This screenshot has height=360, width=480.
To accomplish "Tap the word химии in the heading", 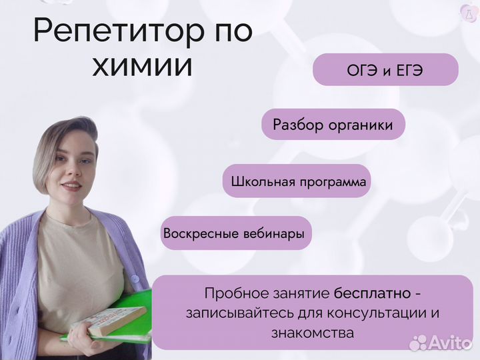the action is coord(143,67).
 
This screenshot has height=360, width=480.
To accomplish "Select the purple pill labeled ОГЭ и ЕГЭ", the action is coord(385,69).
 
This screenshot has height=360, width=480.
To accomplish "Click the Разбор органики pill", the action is coord(333,124).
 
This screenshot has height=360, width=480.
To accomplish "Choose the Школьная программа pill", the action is coord(297,181).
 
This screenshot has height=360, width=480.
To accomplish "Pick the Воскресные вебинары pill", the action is coord(236,233).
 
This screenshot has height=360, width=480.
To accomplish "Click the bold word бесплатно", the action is coord(373,293).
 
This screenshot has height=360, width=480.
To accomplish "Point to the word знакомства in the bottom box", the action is coord(313,333).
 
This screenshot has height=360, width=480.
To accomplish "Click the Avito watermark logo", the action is coord(441,342).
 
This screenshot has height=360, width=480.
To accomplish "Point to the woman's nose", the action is coord(71,169).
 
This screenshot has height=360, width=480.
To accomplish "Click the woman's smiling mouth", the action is coord(72,185).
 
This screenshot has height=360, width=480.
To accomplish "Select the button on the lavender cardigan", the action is coord(135,279).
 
